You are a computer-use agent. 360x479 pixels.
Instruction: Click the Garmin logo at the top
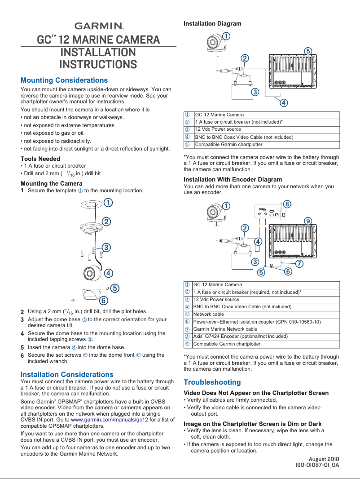point(99,26)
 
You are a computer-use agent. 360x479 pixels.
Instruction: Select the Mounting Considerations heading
point(64,80)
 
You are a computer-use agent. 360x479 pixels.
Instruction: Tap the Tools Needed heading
point(40,159)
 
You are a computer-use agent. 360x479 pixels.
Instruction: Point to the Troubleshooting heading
point(212,382)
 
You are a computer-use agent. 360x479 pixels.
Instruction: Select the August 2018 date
point(324,459)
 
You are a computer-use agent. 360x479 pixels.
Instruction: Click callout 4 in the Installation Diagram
point(284,103)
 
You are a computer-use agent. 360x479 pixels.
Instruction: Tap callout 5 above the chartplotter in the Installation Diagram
point(308,51)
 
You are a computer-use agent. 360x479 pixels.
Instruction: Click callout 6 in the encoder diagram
point(288,271)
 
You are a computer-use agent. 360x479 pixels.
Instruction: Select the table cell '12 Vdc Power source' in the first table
point(218,129)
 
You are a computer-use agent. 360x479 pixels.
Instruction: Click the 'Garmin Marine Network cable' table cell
point(225,329)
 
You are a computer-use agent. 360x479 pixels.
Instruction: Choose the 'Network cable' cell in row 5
point(208,314)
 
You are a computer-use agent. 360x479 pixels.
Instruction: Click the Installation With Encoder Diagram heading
point(233,179)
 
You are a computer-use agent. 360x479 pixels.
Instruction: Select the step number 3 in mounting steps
point(22,319)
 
